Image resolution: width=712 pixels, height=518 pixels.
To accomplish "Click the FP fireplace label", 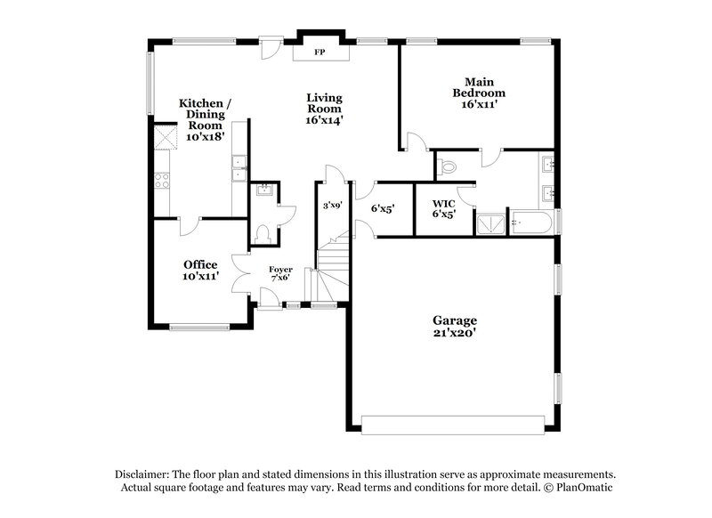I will [319, 53].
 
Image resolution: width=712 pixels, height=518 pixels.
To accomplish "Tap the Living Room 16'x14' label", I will [324, 109].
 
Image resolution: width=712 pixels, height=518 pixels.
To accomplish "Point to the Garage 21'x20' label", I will [455, 327].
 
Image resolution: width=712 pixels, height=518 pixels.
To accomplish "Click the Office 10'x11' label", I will [201, 271].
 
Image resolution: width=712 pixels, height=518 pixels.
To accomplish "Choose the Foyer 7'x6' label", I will [280, 271].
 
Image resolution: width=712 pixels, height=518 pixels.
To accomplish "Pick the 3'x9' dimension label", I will [333, 206].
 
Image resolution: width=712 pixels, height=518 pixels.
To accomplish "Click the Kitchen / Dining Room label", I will [205, 120].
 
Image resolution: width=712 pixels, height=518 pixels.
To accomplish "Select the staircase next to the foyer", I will [328, 271].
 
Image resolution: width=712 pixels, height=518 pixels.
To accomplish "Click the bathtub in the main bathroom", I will [531, 223].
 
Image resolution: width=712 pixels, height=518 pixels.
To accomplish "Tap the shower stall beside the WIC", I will [490, 223].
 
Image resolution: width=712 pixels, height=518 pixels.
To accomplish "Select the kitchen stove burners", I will [163, 181].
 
